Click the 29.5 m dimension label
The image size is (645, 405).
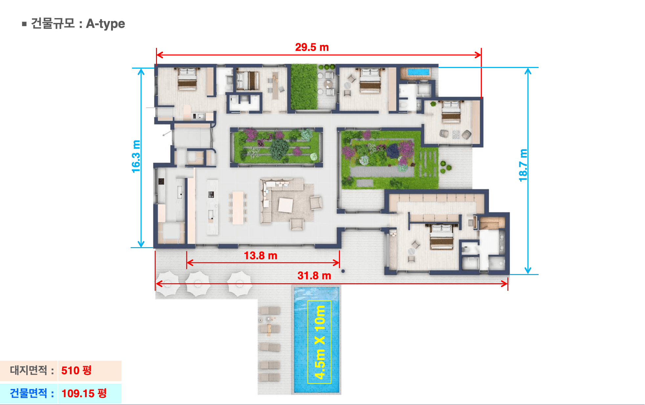pyautogui.click(x=312, y=47)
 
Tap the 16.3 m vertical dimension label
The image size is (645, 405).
pyautogui.click(x=136, y=156)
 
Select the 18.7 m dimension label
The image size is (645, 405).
pyautogui.click(x=523, y=165)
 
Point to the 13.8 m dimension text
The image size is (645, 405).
pyautogui.click(x=260, y=255)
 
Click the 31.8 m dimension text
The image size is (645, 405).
pyautogui.click(x=314, y=276)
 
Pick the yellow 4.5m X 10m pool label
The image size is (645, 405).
pyautogui.click(x=320, y=342)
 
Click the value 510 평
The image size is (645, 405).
pyautogui.click(x=76, y=371)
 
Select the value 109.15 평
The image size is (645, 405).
pyautogui.click(x=84, y=393)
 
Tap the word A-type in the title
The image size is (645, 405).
pyautogui.click(x=105, y=24)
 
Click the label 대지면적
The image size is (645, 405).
pyautogui.click(x=29, y=370)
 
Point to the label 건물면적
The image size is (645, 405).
pyautogui.click(x=29, y=393)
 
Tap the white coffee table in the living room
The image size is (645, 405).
pyautogui.click(x=285, y=205)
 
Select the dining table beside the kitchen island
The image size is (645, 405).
pyautogui.click(x=238, y=208)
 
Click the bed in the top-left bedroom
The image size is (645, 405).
pyautogui.click(x=187, y=79)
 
